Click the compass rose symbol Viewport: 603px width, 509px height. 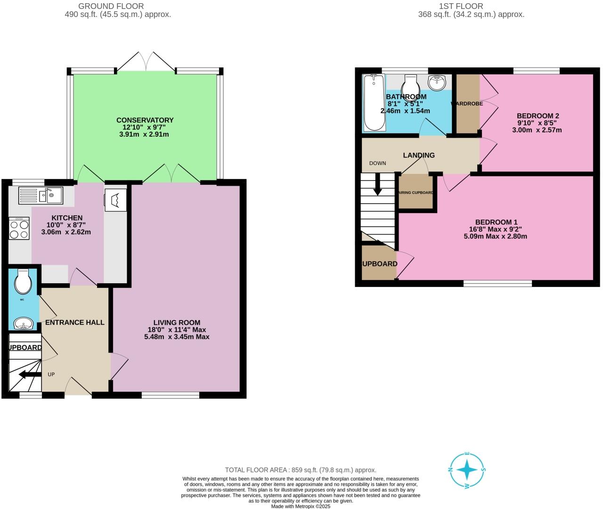pyautogui.click(x=467, y=470)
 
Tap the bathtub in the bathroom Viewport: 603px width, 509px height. pyautogui.click(x=375, y=103)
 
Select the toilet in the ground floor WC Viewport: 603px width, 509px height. pyautogui.click(x=23, y=281)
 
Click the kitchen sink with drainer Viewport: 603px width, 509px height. pyautogui.click(x=41, y=195)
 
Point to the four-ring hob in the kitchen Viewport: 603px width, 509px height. pyautogui.click(x=19, y=230)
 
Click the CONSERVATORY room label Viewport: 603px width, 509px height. pyautogui.click(x=145, y=120)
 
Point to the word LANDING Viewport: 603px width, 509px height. pyautogui.click(x=419, y=155)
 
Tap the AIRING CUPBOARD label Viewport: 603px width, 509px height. pyautogui.click(x=416, y=193)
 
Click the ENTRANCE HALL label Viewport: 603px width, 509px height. pyautogui.click(x=74, y=322)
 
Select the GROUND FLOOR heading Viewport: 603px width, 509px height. pyautogui.click(x=111, y=6)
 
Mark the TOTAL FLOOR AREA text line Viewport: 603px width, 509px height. pyautogui.click(x=301, y=470)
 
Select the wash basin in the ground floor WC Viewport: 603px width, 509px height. pyautogui.click(x=24, y=324)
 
